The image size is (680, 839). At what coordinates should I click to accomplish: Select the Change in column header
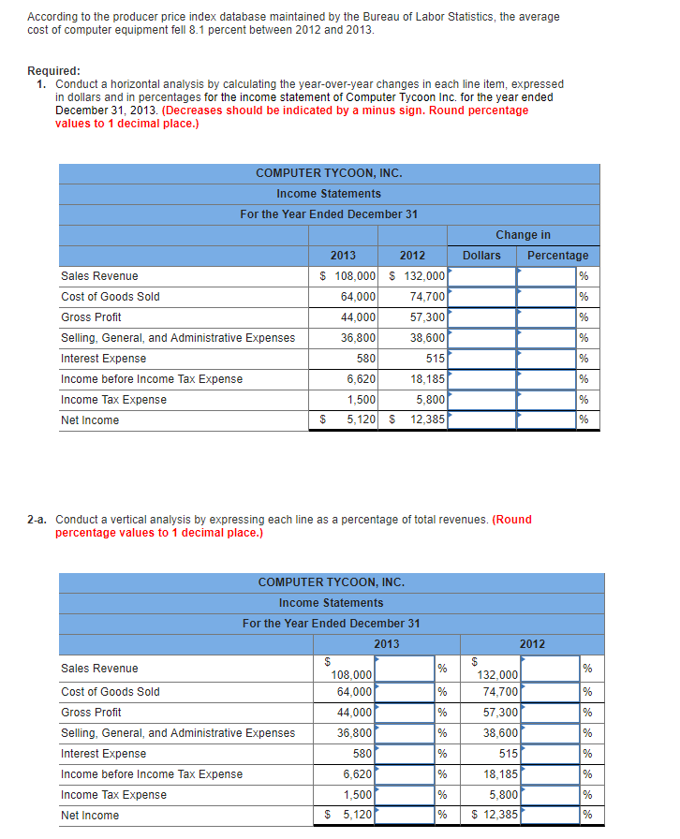[x=523, y=235]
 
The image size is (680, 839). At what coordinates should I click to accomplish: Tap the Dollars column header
[x=481, y=256]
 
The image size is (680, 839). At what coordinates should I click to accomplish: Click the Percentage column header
[x=557, y=256]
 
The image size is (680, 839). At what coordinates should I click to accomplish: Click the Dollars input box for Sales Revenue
[x=481, y=276]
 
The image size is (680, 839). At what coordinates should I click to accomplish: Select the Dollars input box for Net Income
[x=481, y=420]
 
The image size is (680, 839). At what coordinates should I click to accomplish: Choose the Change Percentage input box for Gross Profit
[x=547, y=317]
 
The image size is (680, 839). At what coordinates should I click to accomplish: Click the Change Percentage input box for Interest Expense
[x=547, y=359]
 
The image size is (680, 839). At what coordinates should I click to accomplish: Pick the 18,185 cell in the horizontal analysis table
[x=426, y=379]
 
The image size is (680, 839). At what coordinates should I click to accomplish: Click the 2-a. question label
[x=39, y=520]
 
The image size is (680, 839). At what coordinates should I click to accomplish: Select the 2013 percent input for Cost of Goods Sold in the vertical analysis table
[x=404, y=692]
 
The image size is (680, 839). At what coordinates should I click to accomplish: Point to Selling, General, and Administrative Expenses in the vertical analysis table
[x=177, y=733]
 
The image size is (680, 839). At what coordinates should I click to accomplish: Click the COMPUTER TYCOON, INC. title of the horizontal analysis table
[x=329, y=173]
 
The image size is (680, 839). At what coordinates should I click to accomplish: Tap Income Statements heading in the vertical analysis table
[x=331, y=603]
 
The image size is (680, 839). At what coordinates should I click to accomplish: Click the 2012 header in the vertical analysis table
[x=532, y=643]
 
